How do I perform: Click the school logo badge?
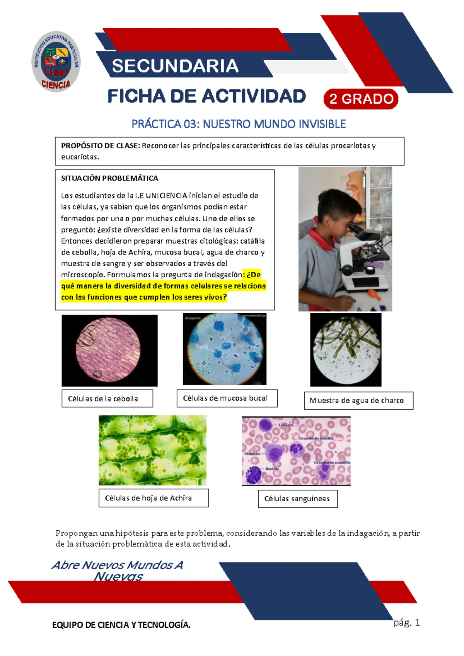coord(56,62)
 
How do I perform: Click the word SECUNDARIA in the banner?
coord(175,66)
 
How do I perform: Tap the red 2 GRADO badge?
coord(361,99)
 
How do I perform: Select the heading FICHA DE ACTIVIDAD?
coord(206,96)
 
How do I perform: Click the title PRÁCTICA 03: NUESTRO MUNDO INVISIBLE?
coord(239,124)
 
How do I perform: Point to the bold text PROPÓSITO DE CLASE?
coord(100,146)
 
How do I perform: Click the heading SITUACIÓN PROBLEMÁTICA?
coord(109,178)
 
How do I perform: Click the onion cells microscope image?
coord(109,350)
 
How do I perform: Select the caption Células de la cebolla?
coord(103,399)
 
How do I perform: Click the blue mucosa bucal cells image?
coord(225,349)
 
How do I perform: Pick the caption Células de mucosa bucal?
coord(225,398)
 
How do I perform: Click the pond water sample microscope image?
coord(346,350)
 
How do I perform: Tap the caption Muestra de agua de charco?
coord(357,401)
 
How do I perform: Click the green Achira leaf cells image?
coord(152,450)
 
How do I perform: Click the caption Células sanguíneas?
coord(297,499)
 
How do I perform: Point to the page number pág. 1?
coord(406,623)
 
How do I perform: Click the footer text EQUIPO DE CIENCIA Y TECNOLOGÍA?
coord(121,625)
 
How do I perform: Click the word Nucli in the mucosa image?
coord(202,347)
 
